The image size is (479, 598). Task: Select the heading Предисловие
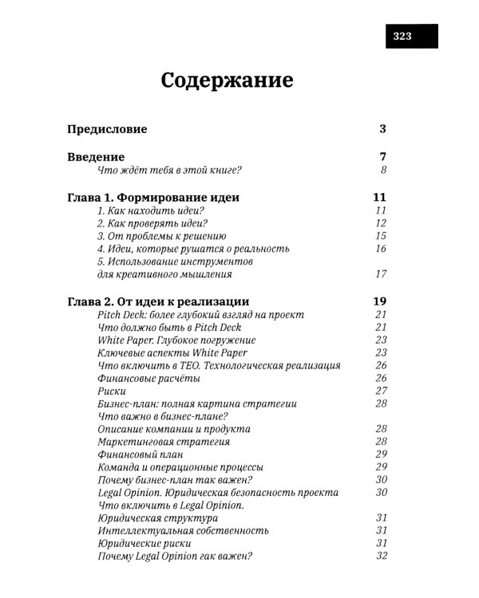click(x=107, y=129)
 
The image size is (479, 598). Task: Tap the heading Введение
click(x=95, y=157)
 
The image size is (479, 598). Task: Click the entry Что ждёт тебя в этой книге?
click(x=168, y=171)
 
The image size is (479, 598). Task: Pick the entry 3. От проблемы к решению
click(x=162, y=236)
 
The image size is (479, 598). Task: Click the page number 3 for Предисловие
click(x=383, y=129)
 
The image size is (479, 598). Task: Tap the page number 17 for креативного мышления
click(x=380, y=274)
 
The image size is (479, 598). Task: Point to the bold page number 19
click(x=379, y=301)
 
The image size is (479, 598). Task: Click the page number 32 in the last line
click(x=381, y=556)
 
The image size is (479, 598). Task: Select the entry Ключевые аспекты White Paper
click(x=172, y=352)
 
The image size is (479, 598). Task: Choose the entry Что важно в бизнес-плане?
click(x=163, y=416)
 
